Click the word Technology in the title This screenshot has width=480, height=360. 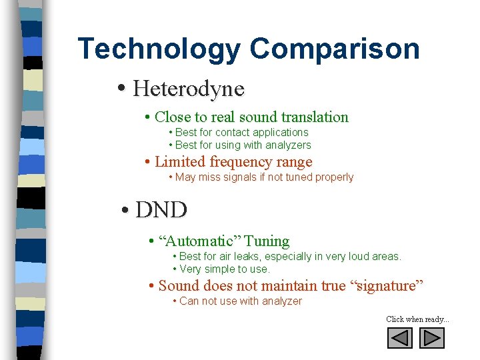[x=159, y=49]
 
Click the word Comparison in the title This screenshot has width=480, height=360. [x=335, y=49]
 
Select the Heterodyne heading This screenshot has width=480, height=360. [x=189, y=88]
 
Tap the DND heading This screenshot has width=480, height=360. [x=161, y=210]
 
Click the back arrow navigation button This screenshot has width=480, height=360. [x=400, y=339]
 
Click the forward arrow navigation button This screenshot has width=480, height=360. [x=432, y=339]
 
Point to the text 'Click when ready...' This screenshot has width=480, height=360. [x=417, y=319]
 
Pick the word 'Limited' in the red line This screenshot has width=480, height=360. [x=180, y=162]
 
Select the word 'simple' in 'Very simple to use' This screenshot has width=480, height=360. [x=223, y=269]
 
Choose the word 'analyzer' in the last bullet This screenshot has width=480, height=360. [x=281, y=301]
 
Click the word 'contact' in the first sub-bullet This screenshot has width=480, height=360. [x=234, y=133]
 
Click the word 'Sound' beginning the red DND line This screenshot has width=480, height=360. [x=178, y=286]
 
